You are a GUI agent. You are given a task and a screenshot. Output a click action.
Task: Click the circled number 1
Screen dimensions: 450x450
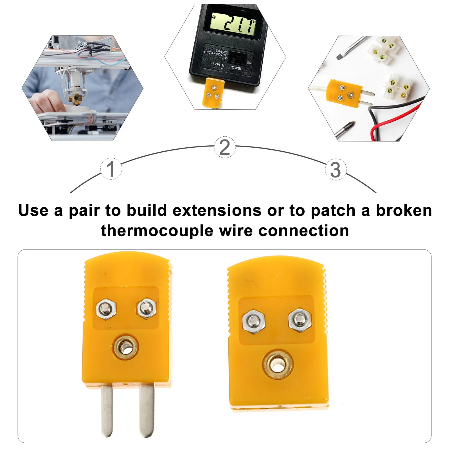click(111, 169)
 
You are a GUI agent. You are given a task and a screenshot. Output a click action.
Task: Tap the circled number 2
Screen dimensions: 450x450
click(225, 147)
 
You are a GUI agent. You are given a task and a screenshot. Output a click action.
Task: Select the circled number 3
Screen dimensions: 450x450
click(336, 170)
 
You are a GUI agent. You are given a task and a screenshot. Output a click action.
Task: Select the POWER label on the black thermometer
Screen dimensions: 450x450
click(236, 67)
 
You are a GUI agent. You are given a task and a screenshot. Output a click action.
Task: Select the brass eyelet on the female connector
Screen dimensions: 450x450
click(277, 364)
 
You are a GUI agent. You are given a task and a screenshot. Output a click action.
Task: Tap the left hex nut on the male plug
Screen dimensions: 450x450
click(106, 309)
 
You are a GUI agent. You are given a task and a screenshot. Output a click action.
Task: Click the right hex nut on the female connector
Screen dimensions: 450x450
click(300, 320)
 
